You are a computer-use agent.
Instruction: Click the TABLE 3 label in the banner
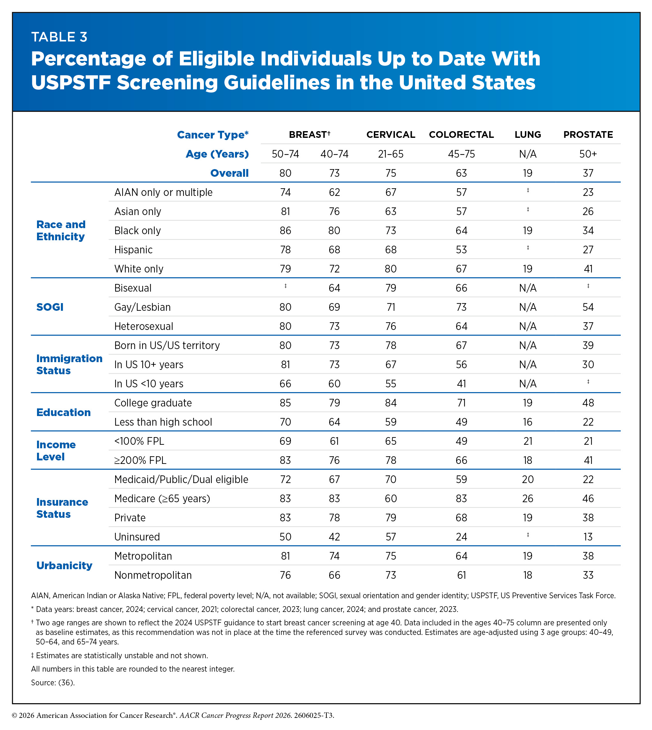pyautogui.click(x=59, y=37)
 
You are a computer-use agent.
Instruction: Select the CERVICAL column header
pyautogui.click(x=390, y=135)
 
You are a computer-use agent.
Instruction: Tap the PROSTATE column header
pyautogui.click(x=588, y=135)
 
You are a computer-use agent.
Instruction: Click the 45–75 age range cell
pyautogui.click(x=462, y=154)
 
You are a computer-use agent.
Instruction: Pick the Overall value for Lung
pyautogui.click(x=527, y=173)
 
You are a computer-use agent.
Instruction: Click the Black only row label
pyautogui.click(x=137, y=231)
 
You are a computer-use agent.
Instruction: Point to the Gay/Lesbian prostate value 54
pyautogui.click(x=588, y=307)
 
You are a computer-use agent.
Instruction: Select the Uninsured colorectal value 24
pyautogui.click(x=462, y=537)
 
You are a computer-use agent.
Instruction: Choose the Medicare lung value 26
pyautogui.click(x=528, y=498)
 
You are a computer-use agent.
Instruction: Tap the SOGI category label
pyautogui.click(x=50, y=307)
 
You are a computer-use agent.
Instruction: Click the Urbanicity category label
pyautogui.click(x=64, y=565)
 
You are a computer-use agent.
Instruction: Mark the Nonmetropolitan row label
pyautogui.click(x=153, y=575)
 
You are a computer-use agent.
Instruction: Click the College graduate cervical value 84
pyautogui.click(x=390, y=403)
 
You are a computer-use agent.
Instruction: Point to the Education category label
pyautogui.click(x=63, y=413)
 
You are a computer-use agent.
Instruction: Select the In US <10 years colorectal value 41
pyautogui.click(x=462, y=384)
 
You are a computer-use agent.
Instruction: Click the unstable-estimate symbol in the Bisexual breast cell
pyautogui.click(x=285, y=286)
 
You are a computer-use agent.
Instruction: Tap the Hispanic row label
pyautogui.click(x=133, y=250)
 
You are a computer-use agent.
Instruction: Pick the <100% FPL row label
pyautogui.click(x=139, y=441)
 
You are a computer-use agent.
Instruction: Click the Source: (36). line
pyautogui.click(x=53, y=683)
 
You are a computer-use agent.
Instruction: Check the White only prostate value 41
pyautogui.click(x=588, y=269)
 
